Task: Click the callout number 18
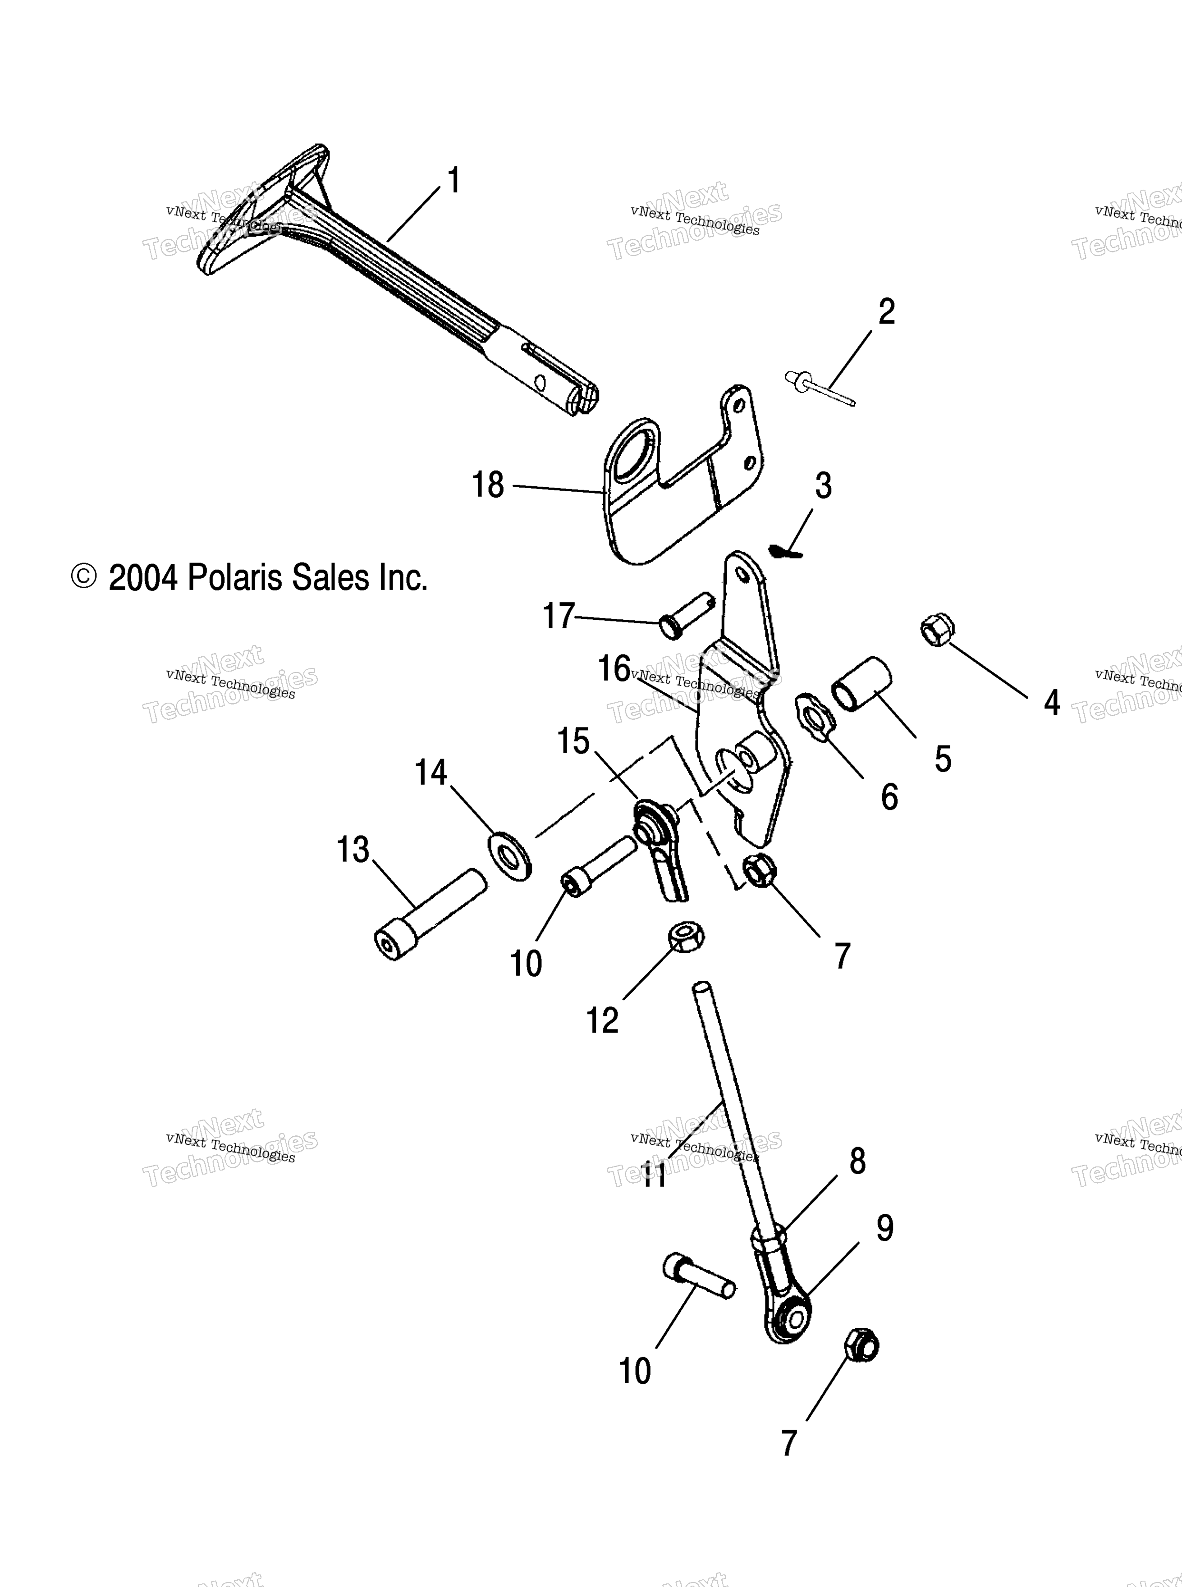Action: (488, 485)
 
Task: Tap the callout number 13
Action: (353, 850)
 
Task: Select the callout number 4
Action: (1052, 703)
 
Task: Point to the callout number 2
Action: (886, 312)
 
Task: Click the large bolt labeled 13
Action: (431, 914)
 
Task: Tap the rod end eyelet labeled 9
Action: (791, 1317)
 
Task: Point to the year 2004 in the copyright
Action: (143, 578)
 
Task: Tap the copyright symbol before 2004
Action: (84, 576)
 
